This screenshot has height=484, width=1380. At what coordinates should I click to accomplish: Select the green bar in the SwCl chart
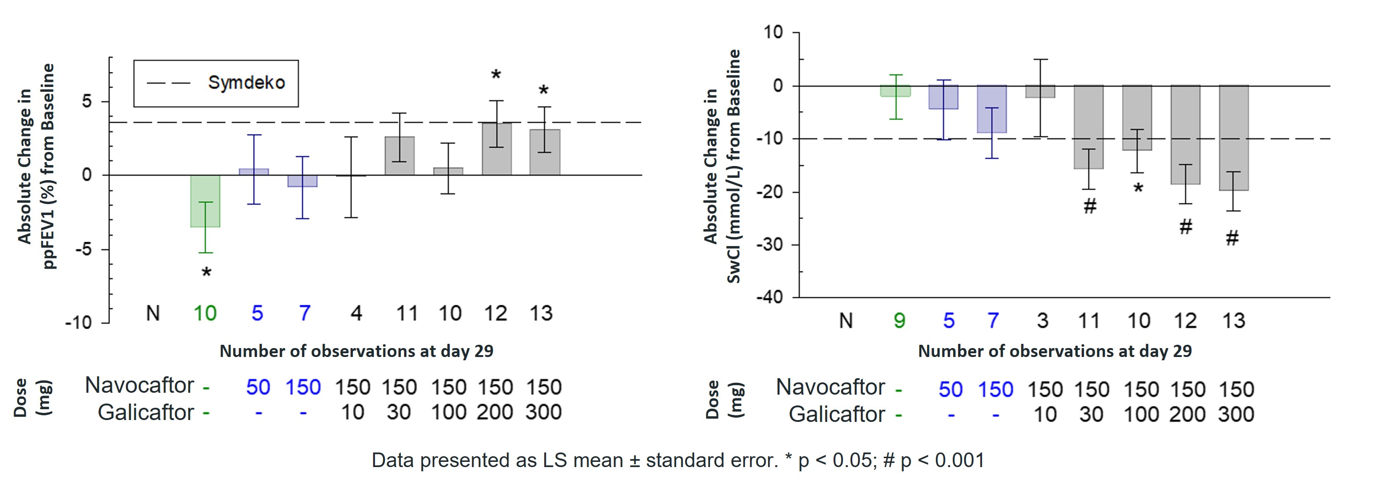click(x=896, y=91)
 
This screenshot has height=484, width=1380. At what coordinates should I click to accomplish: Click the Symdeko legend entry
click(x=216, y=83)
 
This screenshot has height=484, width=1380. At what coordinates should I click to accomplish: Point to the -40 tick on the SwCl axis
click(x=769, y=297)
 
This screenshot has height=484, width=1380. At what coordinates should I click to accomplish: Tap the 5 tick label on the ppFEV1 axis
click(x=87, y=101)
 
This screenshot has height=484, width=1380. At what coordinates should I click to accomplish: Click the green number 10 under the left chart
click(x=205, y=313)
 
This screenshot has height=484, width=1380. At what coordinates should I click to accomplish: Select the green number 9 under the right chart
click(x=899, y=320)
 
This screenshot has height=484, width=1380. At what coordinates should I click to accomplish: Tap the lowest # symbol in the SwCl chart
click(x=1232, y=238)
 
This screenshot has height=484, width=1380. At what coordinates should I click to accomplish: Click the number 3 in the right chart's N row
click(x=1043, y=320)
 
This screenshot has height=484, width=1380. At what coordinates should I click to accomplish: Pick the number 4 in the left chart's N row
click(x=356, y=313)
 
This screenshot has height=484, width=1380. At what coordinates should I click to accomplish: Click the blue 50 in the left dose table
click(x=257, y=387)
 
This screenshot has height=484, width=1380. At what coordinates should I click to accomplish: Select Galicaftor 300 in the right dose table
click(x=1236, y=414)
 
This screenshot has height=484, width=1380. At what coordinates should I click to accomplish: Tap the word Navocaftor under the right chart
click(x=830, y=387)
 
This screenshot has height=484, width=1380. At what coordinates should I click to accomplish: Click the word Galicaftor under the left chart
click(x=146, y=412)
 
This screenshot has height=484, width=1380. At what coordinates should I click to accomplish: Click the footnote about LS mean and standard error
click(x=678, y=460)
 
